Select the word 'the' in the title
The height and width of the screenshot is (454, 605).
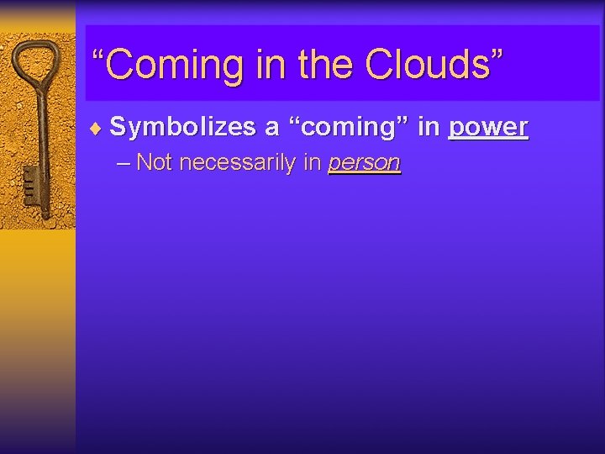pyautogui.click(x=316, y=64)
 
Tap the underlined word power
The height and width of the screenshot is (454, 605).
pyautogui.click(x=488, y=128)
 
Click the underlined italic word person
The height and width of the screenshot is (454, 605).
pyautogui.click(x=364, y=163)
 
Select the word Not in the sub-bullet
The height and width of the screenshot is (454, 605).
pyautogui.click(x=154, y=162)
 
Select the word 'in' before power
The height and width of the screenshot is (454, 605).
pyautogui.click(x=429, y=127)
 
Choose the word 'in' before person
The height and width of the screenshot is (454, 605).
pyautogui.click(x=313, y=162)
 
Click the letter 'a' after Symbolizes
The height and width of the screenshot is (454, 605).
pyautogui.click(x=271, y=128)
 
